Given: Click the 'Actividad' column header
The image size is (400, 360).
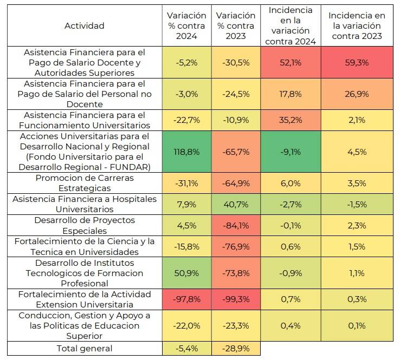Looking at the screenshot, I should [x=85, y=26].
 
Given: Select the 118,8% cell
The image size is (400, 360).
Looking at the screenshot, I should [x=186, y=152].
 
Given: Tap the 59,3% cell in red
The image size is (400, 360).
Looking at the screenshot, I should [x=357, y=62].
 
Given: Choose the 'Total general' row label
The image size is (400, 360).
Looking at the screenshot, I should [x=85, y=348].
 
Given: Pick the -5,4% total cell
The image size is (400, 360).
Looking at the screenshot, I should [x=186, y=348].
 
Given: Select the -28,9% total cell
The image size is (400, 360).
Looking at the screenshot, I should [x=236, y=348].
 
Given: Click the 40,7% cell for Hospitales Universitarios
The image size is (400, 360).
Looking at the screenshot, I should [x=236, y=204].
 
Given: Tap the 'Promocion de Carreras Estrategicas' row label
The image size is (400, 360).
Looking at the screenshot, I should [x=85, y=183].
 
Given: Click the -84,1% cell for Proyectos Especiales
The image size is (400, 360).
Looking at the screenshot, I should [x=236, y=225].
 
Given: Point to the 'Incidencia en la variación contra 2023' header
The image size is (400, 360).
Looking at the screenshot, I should [x=357, y=26].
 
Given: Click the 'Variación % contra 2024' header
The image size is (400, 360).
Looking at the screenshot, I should [x=186, y=26].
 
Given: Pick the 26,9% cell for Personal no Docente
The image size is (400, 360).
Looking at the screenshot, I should [x=357, y=94].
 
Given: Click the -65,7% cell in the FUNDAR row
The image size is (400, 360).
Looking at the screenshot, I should [x=236, y=152].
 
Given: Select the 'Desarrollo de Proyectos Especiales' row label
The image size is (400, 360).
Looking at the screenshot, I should [x=85, y=225].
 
